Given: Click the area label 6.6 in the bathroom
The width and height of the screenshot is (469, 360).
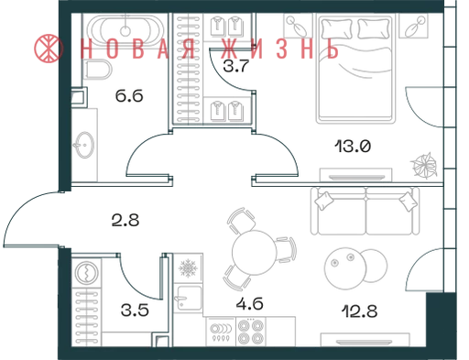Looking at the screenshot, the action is click(129, 96).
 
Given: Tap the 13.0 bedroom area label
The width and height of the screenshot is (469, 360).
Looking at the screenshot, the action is click(353, 146).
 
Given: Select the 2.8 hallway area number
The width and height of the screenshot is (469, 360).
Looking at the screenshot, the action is click(125, 220).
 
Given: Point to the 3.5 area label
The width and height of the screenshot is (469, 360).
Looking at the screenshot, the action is click(135, 311).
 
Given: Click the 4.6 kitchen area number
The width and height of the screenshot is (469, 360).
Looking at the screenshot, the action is click(250, 304).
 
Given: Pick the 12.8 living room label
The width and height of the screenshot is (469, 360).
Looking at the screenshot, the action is click(359, 311).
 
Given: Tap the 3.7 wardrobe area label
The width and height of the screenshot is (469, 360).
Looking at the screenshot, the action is click(236, 66).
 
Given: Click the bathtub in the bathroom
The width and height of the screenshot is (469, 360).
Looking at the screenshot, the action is click(125, 30).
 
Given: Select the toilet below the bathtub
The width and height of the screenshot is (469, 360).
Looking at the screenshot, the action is click(98, 70).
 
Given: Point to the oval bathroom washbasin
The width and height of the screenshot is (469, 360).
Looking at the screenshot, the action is click(84, 145).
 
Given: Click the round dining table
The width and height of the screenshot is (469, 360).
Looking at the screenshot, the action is click(254, 253).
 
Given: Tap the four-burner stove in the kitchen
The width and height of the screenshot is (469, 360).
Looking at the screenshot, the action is click(251, 332).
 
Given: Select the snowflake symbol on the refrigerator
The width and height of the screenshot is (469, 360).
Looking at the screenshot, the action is click(189, 268).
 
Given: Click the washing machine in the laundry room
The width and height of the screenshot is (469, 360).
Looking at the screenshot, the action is click(86, 272).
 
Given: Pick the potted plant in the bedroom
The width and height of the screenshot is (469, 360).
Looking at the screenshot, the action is click(424, 165).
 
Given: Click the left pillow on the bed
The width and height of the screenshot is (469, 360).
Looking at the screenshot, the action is click(336, 29).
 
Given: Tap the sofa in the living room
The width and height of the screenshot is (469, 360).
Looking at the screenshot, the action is click(365, 211).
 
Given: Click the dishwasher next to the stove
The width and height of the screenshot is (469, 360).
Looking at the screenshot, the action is click(221, 332).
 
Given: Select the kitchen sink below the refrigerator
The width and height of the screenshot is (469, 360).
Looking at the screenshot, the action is click(188, 298).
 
